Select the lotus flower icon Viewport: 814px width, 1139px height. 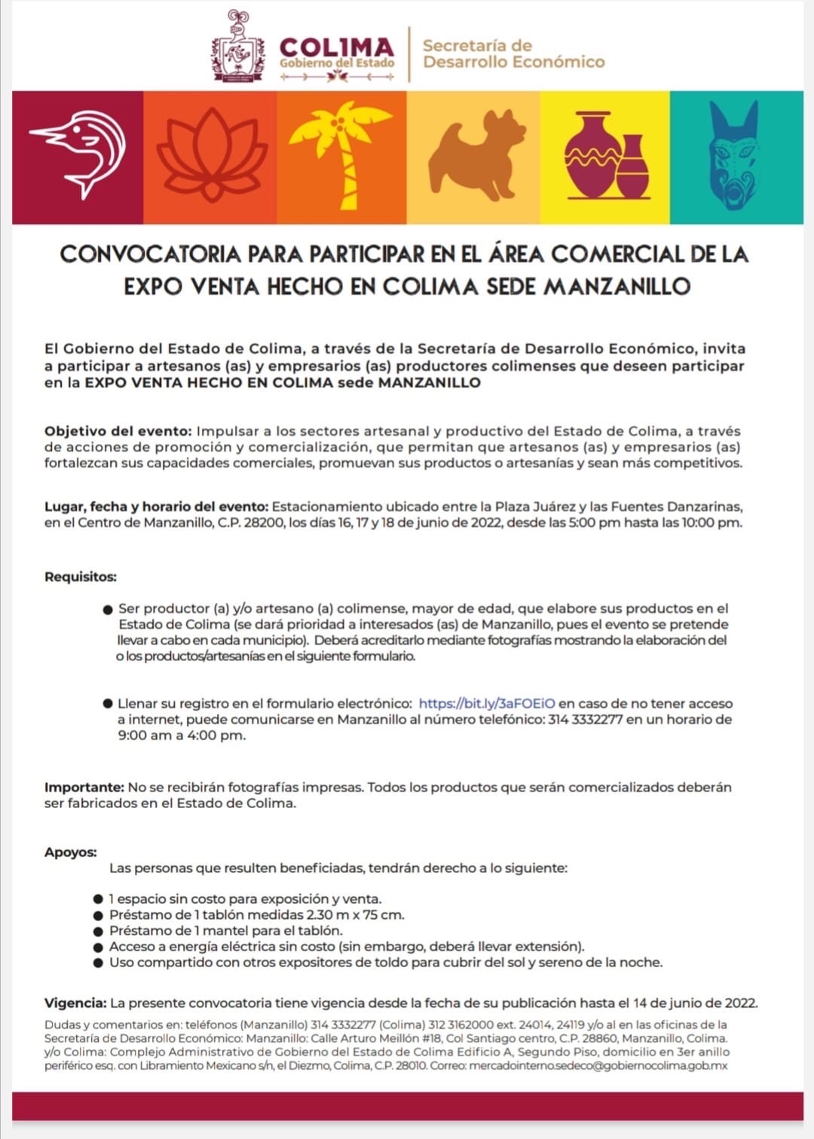[x=211, y=157]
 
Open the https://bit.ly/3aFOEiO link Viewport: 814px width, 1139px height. [x=486, y=703]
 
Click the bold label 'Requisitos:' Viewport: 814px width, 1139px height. [x=81, y=577]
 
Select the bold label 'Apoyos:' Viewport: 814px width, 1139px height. [x=71, y=853]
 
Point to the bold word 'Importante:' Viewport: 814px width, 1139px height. [x=84, y=787]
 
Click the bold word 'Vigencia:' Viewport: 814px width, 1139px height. [x=75, y=1003]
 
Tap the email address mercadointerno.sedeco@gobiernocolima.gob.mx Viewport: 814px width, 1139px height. [x=598, y=1066]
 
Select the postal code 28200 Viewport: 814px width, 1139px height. [x=264, y=522]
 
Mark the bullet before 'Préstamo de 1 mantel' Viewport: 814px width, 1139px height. [x=98, y=931]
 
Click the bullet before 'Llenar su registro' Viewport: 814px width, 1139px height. [x=108, y=703]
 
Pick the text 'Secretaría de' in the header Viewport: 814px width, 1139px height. [x=477, y=45]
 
